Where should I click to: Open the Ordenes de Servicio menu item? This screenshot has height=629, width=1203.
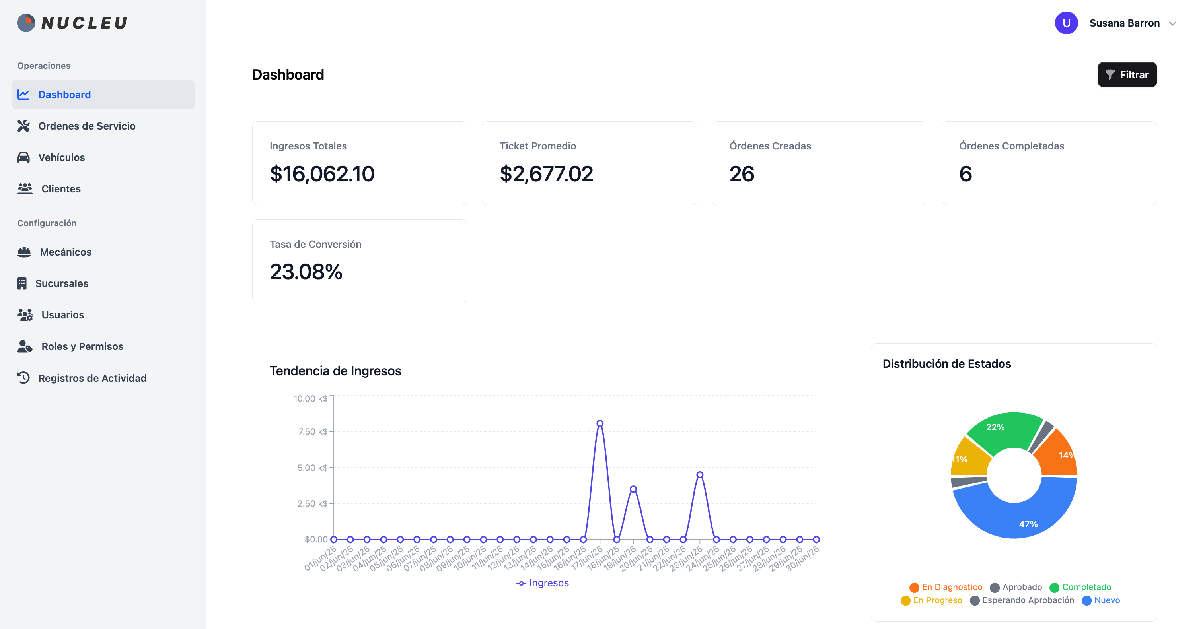pos(86,126)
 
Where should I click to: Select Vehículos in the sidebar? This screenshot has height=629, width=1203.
pos(61,158)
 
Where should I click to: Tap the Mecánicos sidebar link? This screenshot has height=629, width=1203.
pos(65,252)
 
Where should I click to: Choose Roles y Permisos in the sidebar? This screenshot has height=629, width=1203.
pos(82,346)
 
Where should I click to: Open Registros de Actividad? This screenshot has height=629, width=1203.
pos(92,378)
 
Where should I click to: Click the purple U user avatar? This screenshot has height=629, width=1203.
pos(1066,23)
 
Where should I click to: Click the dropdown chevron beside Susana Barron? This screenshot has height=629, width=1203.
pos(1172,24)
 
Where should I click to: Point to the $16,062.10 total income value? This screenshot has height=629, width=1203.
pos(322,174)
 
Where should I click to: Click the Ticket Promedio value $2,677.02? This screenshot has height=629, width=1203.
pos(546,174)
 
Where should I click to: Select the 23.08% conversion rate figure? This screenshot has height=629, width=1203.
pos(306,272)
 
